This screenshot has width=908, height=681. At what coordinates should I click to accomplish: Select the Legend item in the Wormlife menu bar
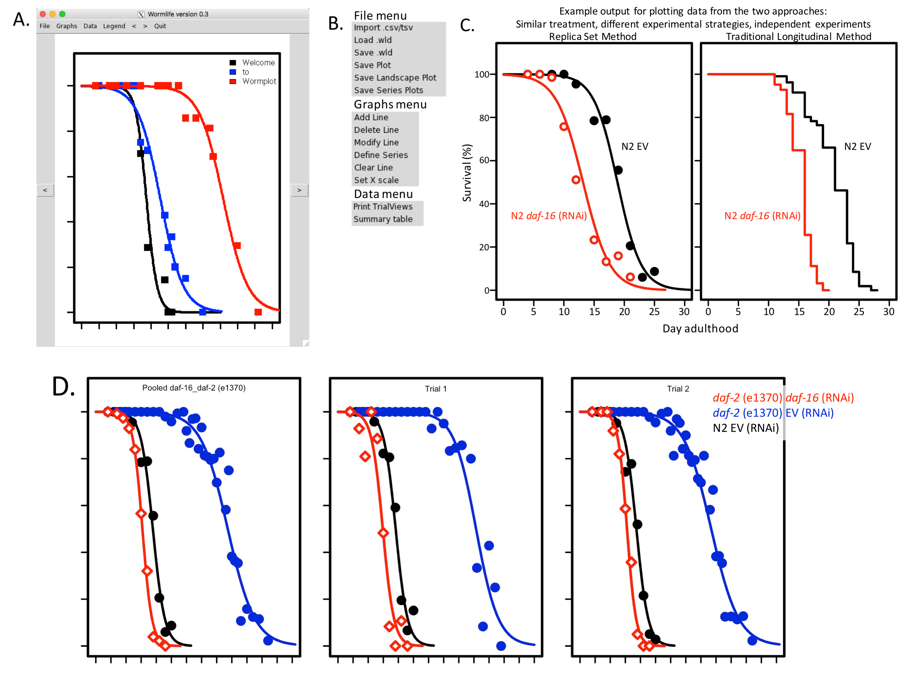114,26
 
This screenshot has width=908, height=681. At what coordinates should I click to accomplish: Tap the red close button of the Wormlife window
43,14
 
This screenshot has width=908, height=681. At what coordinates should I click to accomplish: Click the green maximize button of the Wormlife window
62,14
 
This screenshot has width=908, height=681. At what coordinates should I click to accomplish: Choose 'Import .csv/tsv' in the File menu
383,28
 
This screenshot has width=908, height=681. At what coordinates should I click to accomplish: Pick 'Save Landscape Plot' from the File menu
395,78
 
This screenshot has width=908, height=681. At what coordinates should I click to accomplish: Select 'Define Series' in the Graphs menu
381,155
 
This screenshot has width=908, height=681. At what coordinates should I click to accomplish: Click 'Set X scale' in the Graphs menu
376,180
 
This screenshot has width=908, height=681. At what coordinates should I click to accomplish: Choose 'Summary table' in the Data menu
383,219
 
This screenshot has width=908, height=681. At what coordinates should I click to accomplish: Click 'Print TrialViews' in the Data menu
383,207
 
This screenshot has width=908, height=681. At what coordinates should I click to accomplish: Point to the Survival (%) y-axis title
467,173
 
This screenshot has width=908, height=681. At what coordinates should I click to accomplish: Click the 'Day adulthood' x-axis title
700,329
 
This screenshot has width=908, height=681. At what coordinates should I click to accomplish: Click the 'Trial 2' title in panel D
678,388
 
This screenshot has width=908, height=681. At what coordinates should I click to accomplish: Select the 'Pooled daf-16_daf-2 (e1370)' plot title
194,388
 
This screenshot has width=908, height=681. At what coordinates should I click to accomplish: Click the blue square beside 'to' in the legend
233,72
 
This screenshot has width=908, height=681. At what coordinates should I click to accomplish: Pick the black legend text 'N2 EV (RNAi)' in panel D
745,428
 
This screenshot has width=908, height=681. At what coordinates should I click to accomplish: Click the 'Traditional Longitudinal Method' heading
798,37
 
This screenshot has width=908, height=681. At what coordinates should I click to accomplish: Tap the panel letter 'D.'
63,387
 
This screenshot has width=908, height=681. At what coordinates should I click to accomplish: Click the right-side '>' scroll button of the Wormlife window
299,190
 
